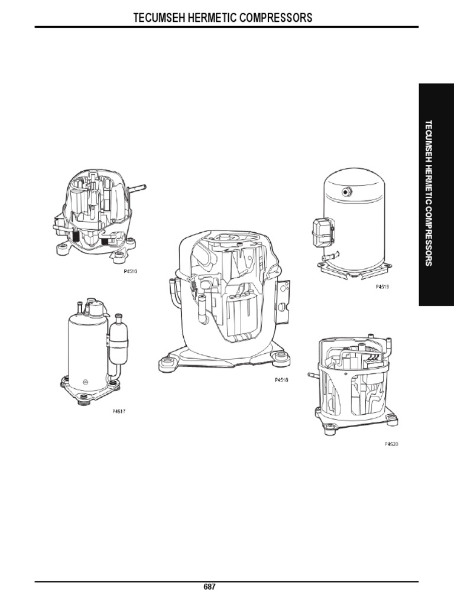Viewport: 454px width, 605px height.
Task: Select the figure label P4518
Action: point(281,380)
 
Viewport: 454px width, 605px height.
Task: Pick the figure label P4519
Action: point(382,287)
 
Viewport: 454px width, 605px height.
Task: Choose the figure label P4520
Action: point(391,444)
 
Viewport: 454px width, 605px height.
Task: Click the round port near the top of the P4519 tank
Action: point(346,191)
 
